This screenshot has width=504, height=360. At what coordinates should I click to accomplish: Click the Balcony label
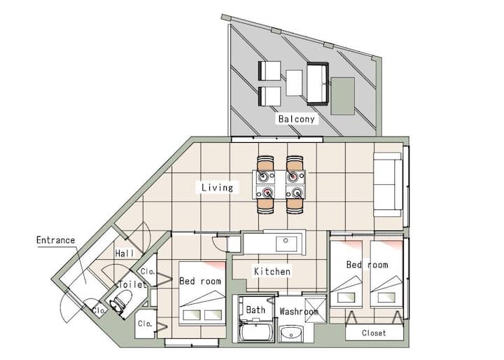click(x=296, y=119)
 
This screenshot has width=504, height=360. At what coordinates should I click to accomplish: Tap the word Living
click(x=217, y=188)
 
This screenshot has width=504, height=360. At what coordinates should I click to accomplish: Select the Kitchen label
click(x=272, y=271)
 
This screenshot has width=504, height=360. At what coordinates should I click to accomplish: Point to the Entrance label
click(x=55, y=240)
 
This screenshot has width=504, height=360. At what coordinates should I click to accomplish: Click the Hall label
click(x=125, y=254)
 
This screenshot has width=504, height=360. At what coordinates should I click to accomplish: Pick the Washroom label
click(x=299, y=312)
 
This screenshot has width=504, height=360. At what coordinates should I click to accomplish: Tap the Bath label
click(x=255, y=310)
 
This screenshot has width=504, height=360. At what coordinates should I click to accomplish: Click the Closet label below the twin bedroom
click(x=374, y=333)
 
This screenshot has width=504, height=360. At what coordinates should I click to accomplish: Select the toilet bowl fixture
click(x=121, y=301)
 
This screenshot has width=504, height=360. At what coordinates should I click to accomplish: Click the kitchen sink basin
click(x=286, y=243)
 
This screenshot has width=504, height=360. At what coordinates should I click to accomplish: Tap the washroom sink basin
click(x=291, y=333)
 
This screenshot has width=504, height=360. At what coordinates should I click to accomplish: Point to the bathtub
click(x=257, y=332)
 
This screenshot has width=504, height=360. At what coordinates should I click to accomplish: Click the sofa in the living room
click(x=388, y=184)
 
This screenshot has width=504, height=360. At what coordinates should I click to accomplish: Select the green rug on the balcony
click(x=343, y=96)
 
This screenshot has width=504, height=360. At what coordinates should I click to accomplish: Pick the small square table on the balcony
click(x=294, y=83)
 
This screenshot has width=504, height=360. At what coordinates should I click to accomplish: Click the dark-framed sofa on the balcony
click(x=318, y=83)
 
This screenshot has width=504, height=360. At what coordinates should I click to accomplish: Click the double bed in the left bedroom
click(x=202, y=293)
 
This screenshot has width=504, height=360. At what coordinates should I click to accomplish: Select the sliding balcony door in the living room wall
click(x=276, y=139)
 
